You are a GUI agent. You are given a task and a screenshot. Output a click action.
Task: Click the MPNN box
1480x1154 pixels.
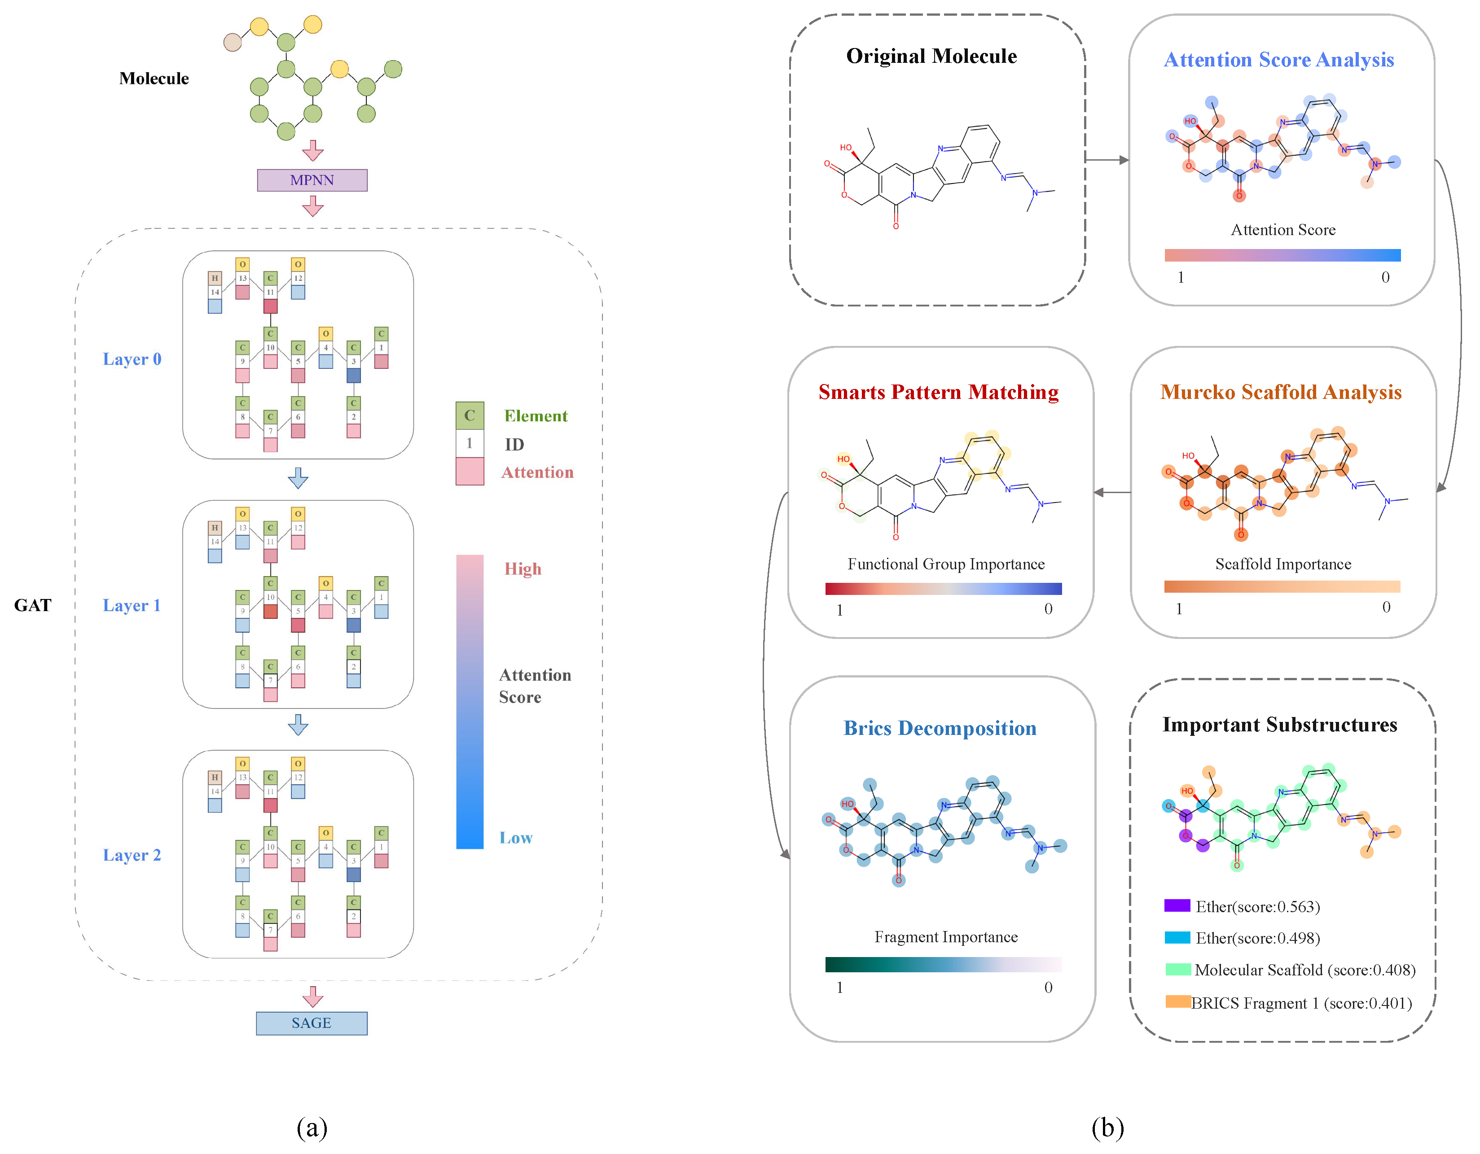[312, 180]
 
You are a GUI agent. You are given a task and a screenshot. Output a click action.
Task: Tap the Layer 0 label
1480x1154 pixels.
[132, 359]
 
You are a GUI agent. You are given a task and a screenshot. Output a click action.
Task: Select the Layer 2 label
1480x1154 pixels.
[132, 855]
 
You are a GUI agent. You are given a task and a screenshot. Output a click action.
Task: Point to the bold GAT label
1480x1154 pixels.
[32, 605]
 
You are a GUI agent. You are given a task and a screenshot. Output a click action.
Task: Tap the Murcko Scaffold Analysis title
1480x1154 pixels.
[1280, 392]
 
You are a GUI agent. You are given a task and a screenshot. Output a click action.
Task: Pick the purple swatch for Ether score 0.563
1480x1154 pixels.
[1177, 905]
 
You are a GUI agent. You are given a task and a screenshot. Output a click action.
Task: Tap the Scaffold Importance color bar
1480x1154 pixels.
[1282, 586]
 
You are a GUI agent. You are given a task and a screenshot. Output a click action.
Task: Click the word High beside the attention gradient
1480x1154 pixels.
[523, 569]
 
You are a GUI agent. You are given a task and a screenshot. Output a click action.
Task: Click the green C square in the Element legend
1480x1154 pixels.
[470, 416]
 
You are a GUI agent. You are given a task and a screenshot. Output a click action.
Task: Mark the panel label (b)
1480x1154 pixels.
[1107, 1128]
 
